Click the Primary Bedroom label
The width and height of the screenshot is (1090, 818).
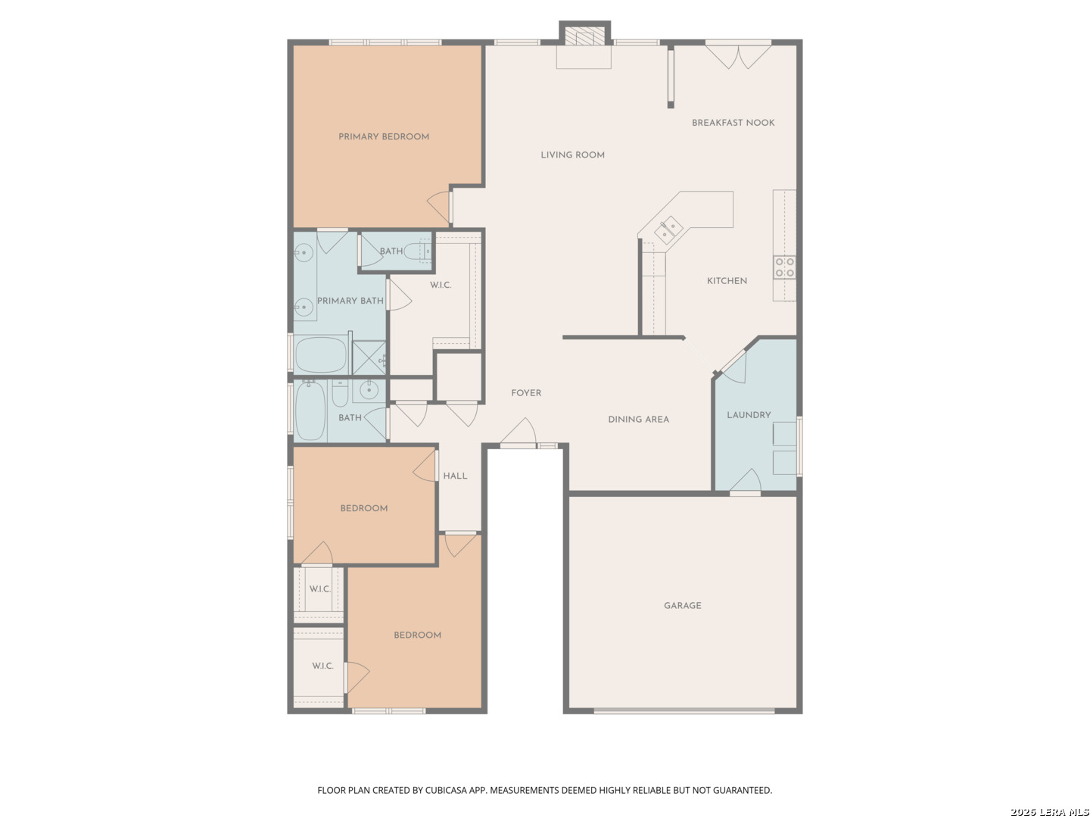coord(383,136)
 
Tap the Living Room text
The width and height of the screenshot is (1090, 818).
coord(572,155)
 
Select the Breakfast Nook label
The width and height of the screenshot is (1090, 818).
coord(733,123)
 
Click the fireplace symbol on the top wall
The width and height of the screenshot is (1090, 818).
coord(584,34)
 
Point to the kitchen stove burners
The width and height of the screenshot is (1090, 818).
coord(784,267)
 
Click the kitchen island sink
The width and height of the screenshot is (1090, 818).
coord(668,229)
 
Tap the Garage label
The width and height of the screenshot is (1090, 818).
coord(682,605)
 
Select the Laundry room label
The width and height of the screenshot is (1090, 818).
coord(749,415)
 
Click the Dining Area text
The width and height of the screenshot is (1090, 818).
coord(638,419)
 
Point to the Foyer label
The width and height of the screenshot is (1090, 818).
coord(526,393)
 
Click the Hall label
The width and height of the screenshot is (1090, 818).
coord(455,476)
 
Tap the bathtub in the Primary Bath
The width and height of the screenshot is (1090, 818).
coord(321,354)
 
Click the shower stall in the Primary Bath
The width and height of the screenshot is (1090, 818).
coord(369,357)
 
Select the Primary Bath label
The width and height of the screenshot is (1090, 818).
coord(350,301)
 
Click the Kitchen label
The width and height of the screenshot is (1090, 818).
coord(727,281)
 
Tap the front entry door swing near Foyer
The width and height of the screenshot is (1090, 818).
coord(519,432)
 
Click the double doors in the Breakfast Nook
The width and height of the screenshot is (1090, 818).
coord(738,55)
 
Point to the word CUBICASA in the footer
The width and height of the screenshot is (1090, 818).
coord(446,790)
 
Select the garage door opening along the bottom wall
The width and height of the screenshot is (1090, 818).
coord(684,710)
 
